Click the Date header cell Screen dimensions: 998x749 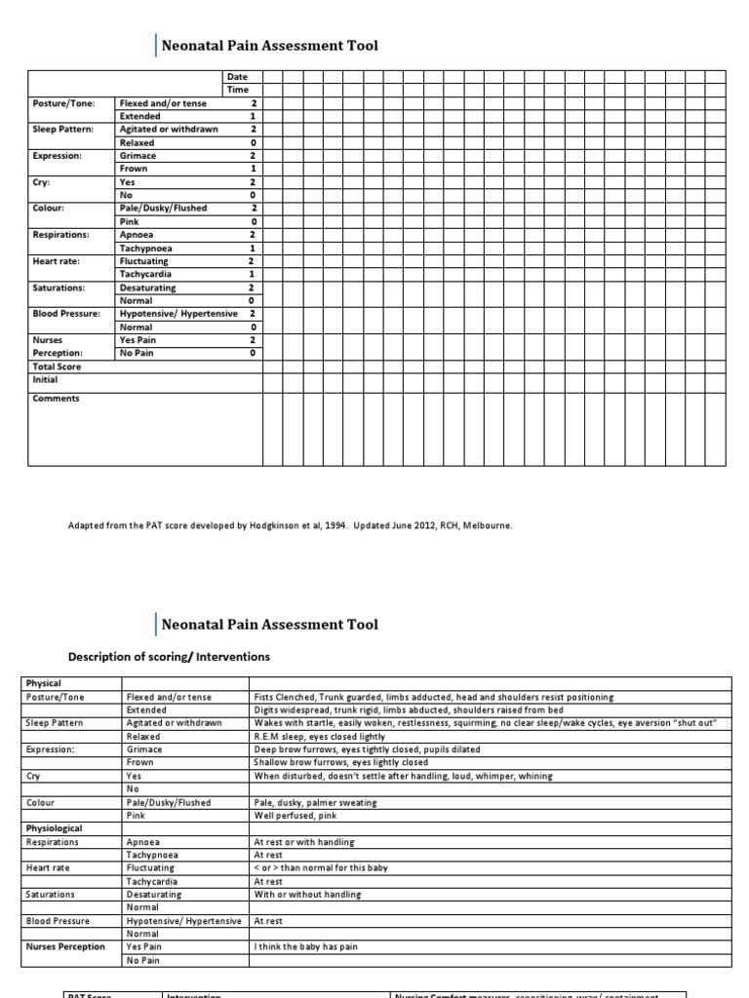(x=237, y=76)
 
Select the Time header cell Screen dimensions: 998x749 (x=237, y=90)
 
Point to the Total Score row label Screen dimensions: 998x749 (x=57, y=366)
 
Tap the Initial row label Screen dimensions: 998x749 (x=46, y=380)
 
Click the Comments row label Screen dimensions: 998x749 (x=56, y=399)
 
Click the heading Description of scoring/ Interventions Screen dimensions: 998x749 (x=168, y=657)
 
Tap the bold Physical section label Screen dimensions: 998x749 (x=42, y=684)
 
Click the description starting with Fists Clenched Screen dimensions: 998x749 (x=433, y=697)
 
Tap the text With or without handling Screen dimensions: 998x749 (x=307, y=895)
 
